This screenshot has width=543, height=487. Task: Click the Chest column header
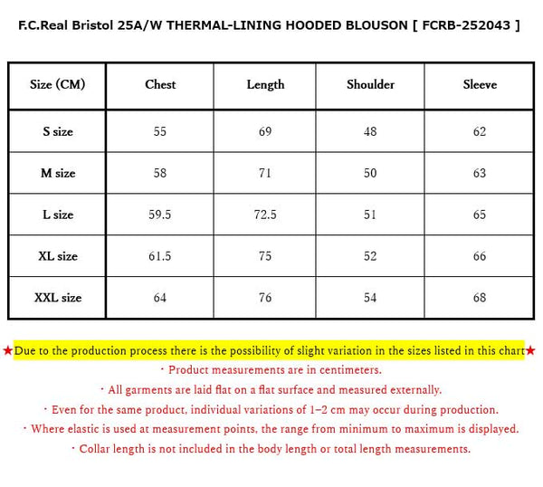(160, 85)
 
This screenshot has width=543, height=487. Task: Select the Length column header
(265, 85)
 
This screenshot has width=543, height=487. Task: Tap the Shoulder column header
(370, 85)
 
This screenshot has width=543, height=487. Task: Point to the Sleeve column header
(480, 85)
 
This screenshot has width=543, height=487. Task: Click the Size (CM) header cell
(57, 85)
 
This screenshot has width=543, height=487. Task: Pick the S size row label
(57, 132)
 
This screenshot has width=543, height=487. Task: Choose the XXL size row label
(57, 298)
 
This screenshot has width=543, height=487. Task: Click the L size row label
(57, 215)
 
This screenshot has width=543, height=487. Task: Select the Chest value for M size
(160, 173)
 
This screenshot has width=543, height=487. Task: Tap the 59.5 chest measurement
(160, 215)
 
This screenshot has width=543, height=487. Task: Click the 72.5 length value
(265, 215)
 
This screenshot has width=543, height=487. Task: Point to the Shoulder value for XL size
(370, 256)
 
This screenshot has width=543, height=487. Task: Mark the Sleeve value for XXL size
(480, 298)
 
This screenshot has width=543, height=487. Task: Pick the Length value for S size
(265, 132)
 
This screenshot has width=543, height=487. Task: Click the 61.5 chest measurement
(160, 256)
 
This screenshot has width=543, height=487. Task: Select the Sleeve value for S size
(480, 132)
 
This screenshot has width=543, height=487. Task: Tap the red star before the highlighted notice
(7, 350)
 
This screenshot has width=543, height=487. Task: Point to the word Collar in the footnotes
(97, 449)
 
